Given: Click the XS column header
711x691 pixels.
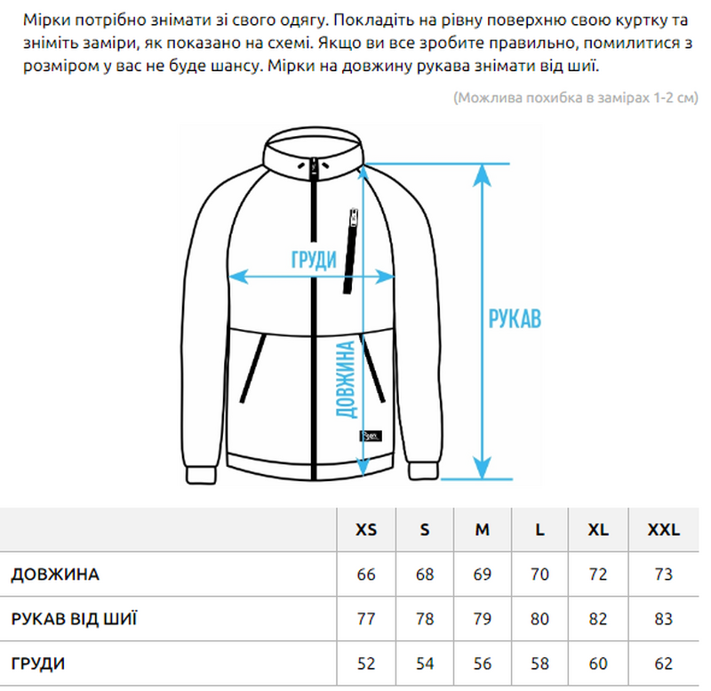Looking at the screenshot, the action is [x=366, y=529].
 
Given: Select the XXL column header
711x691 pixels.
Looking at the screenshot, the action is [x=663, y=529].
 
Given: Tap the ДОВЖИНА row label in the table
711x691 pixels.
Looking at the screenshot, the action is [x=55, y=574].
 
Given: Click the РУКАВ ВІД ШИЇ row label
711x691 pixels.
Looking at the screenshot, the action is [x=74, y=619].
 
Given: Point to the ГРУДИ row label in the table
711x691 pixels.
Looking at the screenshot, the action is [x=38, y=663].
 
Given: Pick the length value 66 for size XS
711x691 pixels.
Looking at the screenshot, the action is [x=366, y=574].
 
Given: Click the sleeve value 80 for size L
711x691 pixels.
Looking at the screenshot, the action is [x=539, y=619].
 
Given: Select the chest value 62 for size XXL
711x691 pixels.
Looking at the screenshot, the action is [x=663, y=663].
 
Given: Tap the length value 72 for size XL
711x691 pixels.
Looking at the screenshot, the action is [x=598, y=574].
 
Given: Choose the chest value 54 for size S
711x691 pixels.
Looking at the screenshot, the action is [x=425, y=663].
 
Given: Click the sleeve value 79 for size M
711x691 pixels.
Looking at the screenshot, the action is [x=482, y=619].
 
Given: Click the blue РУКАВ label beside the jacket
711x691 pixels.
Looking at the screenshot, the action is [x=515, y=318].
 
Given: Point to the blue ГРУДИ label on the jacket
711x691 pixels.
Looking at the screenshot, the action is [x=314, y=260].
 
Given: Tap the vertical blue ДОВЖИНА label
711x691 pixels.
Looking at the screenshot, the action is [x=346, y=379].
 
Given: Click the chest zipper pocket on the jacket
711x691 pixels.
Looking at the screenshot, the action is [x=350, y=251].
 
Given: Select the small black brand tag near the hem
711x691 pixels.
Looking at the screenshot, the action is [x=371, y=436].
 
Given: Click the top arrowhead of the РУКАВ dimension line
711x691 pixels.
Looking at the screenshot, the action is [x=482, y=174].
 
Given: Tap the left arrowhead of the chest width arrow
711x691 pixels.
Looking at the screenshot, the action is [x=238, y=277].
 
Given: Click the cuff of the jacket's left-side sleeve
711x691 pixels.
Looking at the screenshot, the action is [x=200, y=475].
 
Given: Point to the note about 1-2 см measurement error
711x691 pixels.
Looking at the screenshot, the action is [x=576, y=98].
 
